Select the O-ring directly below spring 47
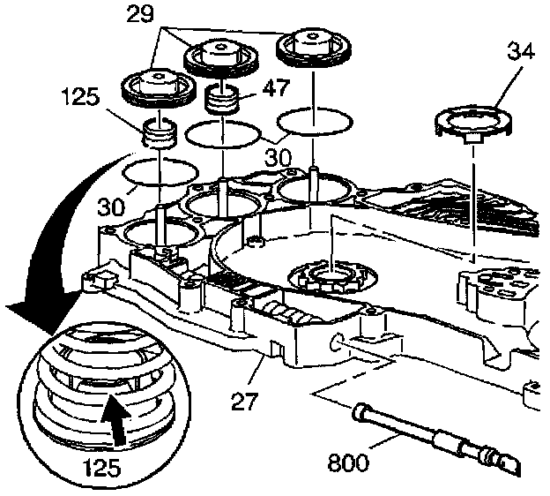tap(224, 133)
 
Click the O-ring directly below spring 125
tap(160, 171)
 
